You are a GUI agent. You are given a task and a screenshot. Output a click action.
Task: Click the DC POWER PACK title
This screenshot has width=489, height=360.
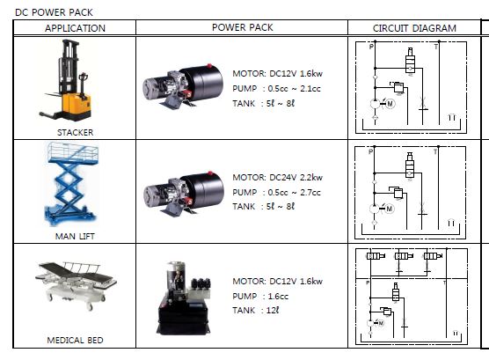click(x=54, y=12)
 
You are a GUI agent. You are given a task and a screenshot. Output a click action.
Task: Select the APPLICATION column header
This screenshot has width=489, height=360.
click(x=75, y=28)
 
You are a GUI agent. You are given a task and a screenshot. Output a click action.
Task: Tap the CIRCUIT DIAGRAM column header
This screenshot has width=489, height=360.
click(x=414, y=28)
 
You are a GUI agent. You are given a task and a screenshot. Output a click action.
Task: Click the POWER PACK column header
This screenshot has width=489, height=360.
click(x=243, y=27)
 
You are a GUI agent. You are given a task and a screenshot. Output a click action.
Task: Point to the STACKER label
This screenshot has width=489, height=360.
click(x=75, y=132)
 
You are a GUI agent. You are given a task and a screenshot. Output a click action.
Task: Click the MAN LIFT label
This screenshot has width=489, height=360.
click(x=75, y=237)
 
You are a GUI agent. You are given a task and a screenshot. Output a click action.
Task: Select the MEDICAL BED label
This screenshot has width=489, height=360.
click(x=75, y=340)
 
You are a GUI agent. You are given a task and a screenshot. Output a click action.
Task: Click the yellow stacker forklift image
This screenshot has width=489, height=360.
click(x=67, y=81)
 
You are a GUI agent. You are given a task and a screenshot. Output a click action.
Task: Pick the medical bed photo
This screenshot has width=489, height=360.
click(x=76, y=285)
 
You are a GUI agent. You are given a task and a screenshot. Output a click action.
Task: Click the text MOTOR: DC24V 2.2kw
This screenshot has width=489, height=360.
click(x=278, y=177)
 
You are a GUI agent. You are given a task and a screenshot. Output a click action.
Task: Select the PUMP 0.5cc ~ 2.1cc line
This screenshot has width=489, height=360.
click(x=277, y=89)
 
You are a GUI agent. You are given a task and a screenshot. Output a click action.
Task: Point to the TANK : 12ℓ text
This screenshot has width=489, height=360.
click(x=256, y=311)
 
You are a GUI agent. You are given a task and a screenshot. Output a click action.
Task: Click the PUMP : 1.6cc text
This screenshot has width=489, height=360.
click(x=260, y=296)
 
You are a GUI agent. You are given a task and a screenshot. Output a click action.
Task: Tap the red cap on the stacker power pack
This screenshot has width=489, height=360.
click(x=209, y=66)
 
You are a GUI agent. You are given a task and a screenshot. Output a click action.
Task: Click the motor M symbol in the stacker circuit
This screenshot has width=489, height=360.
click(x=390, y=103)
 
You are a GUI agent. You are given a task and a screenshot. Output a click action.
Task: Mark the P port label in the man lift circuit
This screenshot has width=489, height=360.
click(x=370, y=151)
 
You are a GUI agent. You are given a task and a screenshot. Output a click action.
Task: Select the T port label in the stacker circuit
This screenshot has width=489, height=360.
click(x=435, y=47)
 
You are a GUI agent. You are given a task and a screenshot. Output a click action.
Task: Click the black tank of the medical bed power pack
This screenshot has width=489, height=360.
click(x=182, y=316)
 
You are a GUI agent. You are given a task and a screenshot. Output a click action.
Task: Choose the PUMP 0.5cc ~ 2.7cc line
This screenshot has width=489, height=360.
click(x=277, y=193)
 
